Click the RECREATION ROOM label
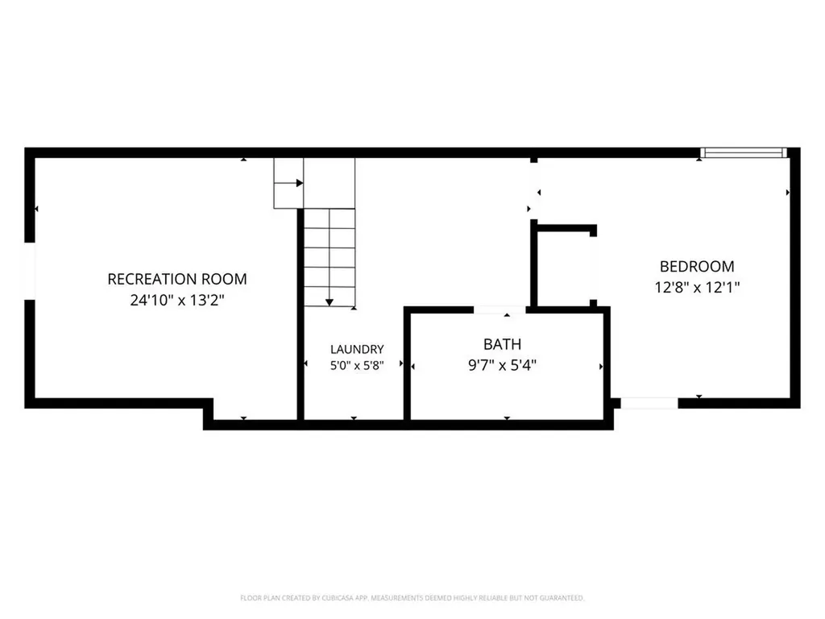pos(177,279)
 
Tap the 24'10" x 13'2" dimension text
pos(177,300)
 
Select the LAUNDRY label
pos(357,349)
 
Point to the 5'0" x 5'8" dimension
pos(357,365)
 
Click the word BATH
pos(503,344)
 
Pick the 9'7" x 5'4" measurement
pos(503,365)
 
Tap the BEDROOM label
pos(697,266)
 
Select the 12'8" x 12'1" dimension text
pos(697,288)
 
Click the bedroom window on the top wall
pos(744,152)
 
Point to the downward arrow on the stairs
pos(330,257)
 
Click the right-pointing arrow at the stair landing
pos(288,183)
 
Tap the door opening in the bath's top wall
pos(500,310)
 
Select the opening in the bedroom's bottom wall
pos(649,403)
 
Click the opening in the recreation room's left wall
pos(30,271)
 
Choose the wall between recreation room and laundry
pos(301,314)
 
